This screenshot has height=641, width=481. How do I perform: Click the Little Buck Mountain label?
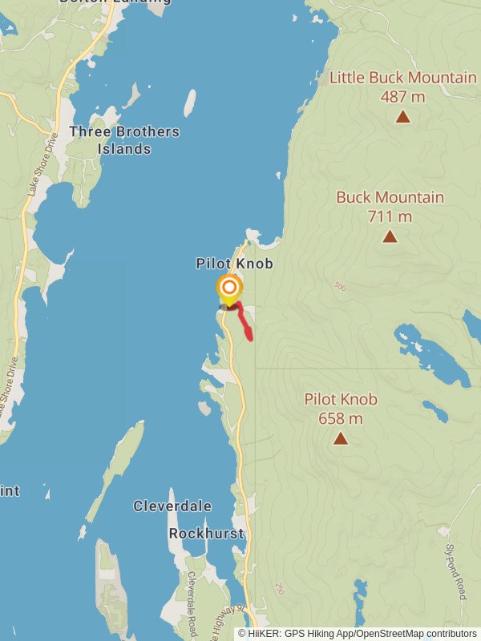(x=403, y=78)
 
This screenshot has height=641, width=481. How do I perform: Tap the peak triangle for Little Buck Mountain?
(x=403, y=117)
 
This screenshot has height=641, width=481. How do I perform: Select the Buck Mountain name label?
(x=390, y=197)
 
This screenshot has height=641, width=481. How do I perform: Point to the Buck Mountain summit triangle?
(x=390, y=236)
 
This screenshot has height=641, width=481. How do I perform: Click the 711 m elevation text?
(x=390, y=216)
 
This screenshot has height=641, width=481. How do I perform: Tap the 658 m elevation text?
(x=341, y=418)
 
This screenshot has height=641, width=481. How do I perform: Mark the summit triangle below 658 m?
(x=341, y=438)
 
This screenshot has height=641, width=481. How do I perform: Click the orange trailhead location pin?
(x=229, y=288)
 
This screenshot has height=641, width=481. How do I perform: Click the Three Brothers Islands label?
(x=124, y=140)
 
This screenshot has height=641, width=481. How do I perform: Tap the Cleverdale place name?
(x=172, y=506)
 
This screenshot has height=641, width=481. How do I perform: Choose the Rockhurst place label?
(x=205, y=533)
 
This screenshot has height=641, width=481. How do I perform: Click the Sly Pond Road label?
(x=455, y=571)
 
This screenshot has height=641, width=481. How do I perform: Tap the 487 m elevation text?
(x=403, y=97)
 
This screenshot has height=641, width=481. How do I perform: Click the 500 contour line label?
(x=340, y=286)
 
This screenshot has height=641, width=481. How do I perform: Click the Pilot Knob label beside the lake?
(x=234, y=264)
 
